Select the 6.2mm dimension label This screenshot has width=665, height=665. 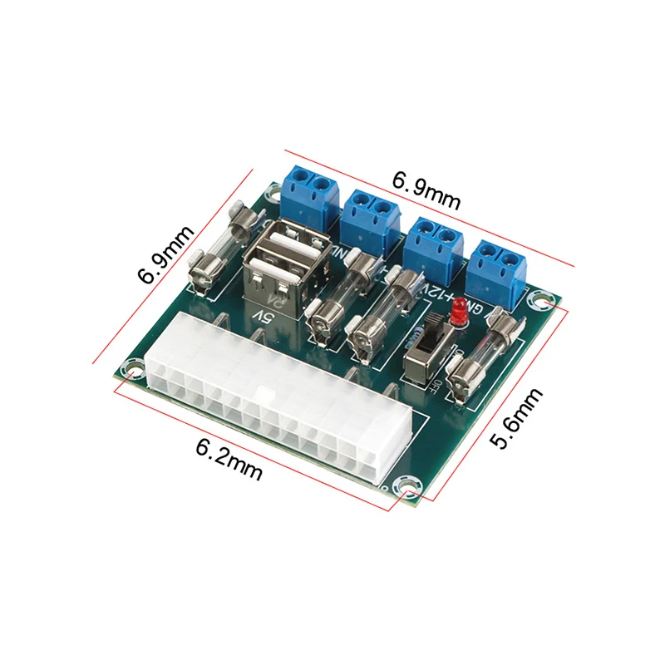(229, 459)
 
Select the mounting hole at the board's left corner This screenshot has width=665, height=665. (130, 366)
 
